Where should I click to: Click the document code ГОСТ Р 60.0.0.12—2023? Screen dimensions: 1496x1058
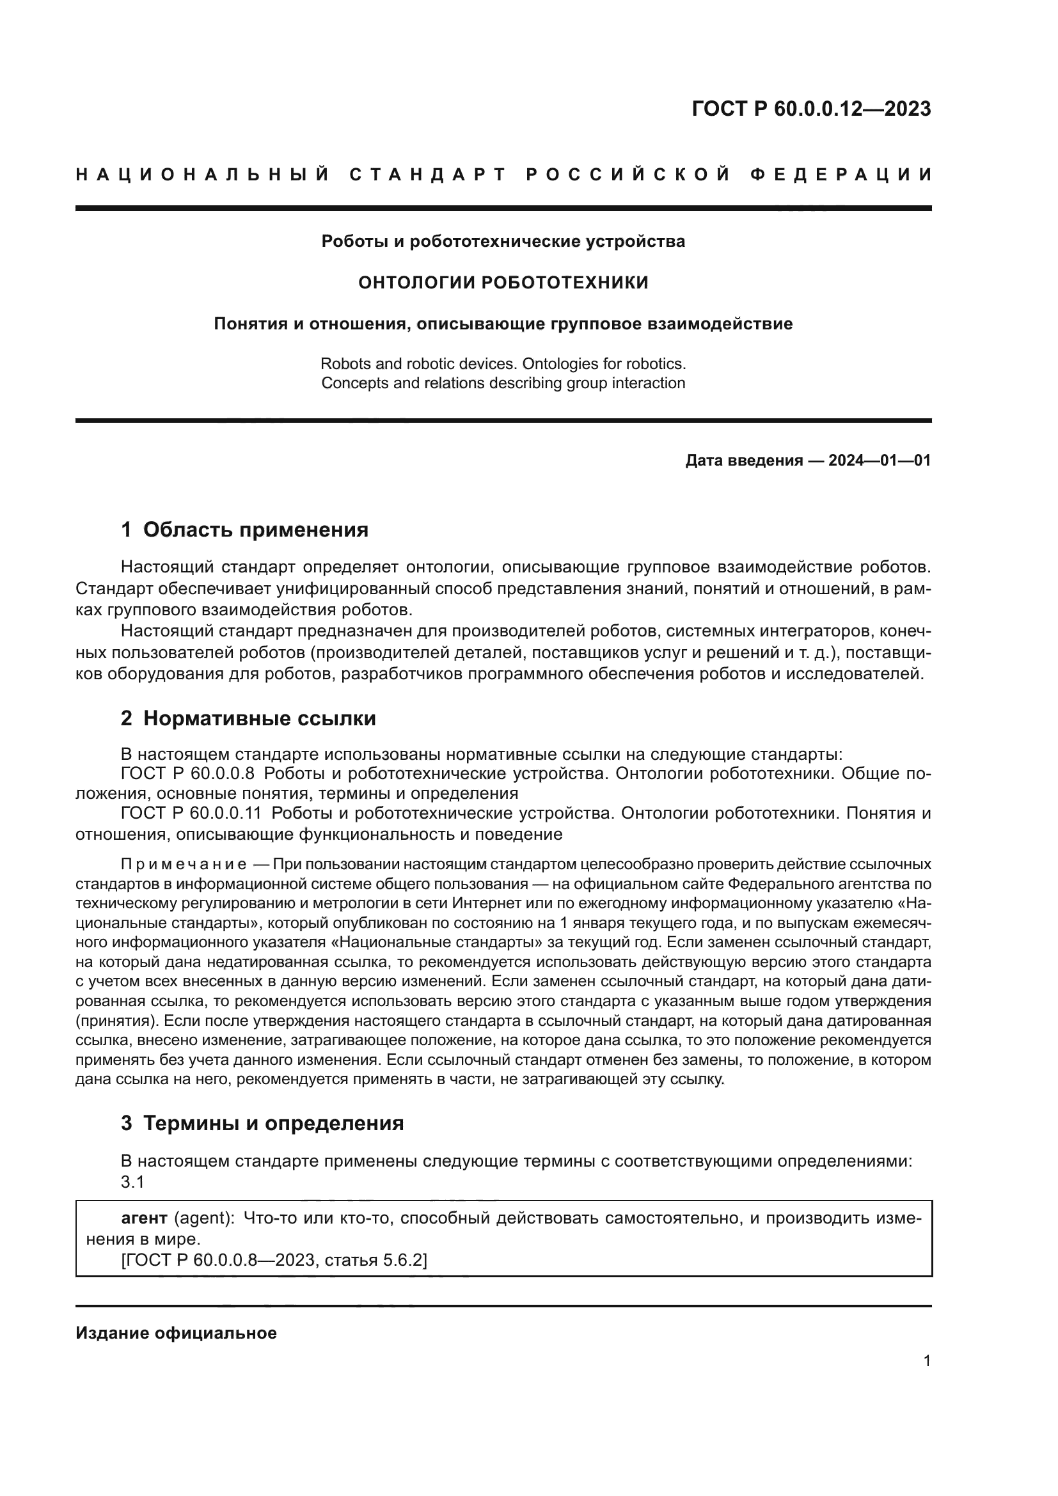pyautogui.click(x=811, y=109)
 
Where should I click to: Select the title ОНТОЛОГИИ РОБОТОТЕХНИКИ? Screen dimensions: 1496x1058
pyautogui.click(x=503, y=283)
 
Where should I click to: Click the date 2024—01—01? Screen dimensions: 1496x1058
pyautogui.click(x=880, y=461)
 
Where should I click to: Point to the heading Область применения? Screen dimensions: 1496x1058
pyautogui.click(x=255, y=530)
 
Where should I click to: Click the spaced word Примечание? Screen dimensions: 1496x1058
pyautogui.click(x=184, y=865)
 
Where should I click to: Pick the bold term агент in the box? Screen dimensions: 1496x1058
pyautogui.click(x=144, y=1218)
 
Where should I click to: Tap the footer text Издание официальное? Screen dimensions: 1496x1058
pyautogui.click(x=176, y=1333)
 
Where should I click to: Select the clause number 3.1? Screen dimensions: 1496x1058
pyautogui.click(x=132, y=1181)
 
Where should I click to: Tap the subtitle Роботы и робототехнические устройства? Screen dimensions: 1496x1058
pyautogui.click(x=503, y=242)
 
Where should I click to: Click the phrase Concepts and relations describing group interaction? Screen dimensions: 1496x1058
pyautogui.click(x=503, y=383)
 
